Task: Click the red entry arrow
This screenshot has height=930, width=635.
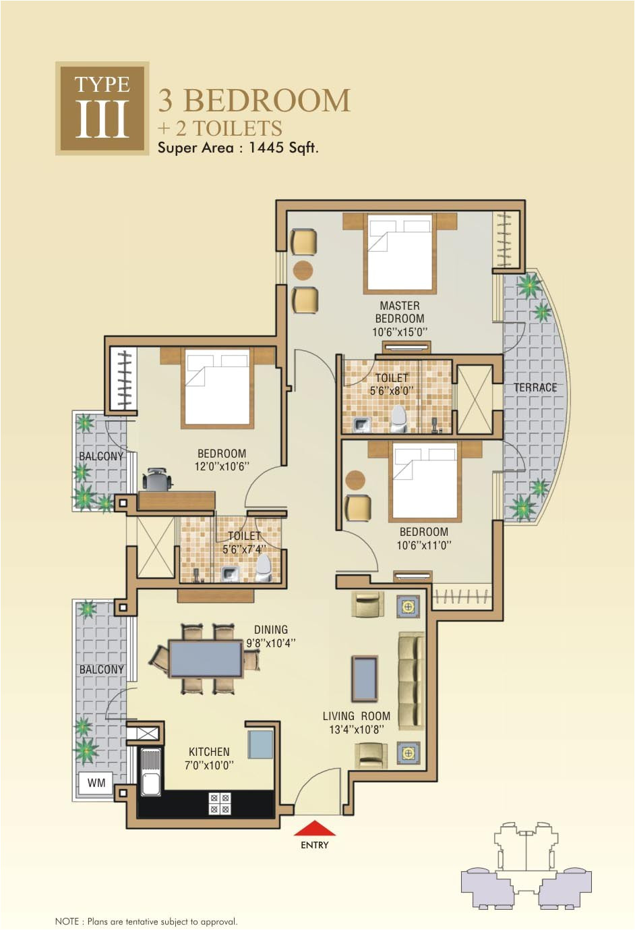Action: [315, 828]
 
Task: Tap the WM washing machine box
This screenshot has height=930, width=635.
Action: [96, 783]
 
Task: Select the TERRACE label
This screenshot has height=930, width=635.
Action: [535, 387]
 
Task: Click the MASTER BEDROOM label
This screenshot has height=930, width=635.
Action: [400, 312]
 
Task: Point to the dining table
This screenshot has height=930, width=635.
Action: [206, 659]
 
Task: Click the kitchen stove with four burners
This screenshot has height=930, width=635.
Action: [220, 803]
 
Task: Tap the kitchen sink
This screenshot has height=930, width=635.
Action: [150, 773]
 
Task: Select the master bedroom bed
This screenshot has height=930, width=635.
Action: [398, 252]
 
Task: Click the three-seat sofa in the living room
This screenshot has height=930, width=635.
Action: [411, 682]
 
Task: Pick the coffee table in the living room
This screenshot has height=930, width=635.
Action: [365, 679]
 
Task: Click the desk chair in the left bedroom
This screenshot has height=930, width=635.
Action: [157, 480]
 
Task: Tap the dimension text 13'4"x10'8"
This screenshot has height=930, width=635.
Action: [356, 730]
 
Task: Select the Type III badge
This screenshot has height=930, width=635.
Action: [102, 108]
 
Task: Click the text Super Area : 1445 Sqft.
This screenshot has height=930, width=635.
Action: [237, 148]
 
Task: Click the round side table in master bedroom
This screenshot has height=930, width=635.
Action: [303, 270]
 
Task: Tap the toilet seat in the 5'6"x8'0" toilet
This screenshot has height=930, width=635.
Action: [398, 418]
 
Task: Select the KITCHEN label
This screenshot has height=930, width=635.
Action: [209, 752]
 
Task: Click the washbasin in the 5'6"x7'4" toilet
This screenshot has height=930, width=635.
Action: [231, 574]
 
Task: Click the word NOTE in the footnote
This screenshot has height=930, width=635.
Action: [67, 921]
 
